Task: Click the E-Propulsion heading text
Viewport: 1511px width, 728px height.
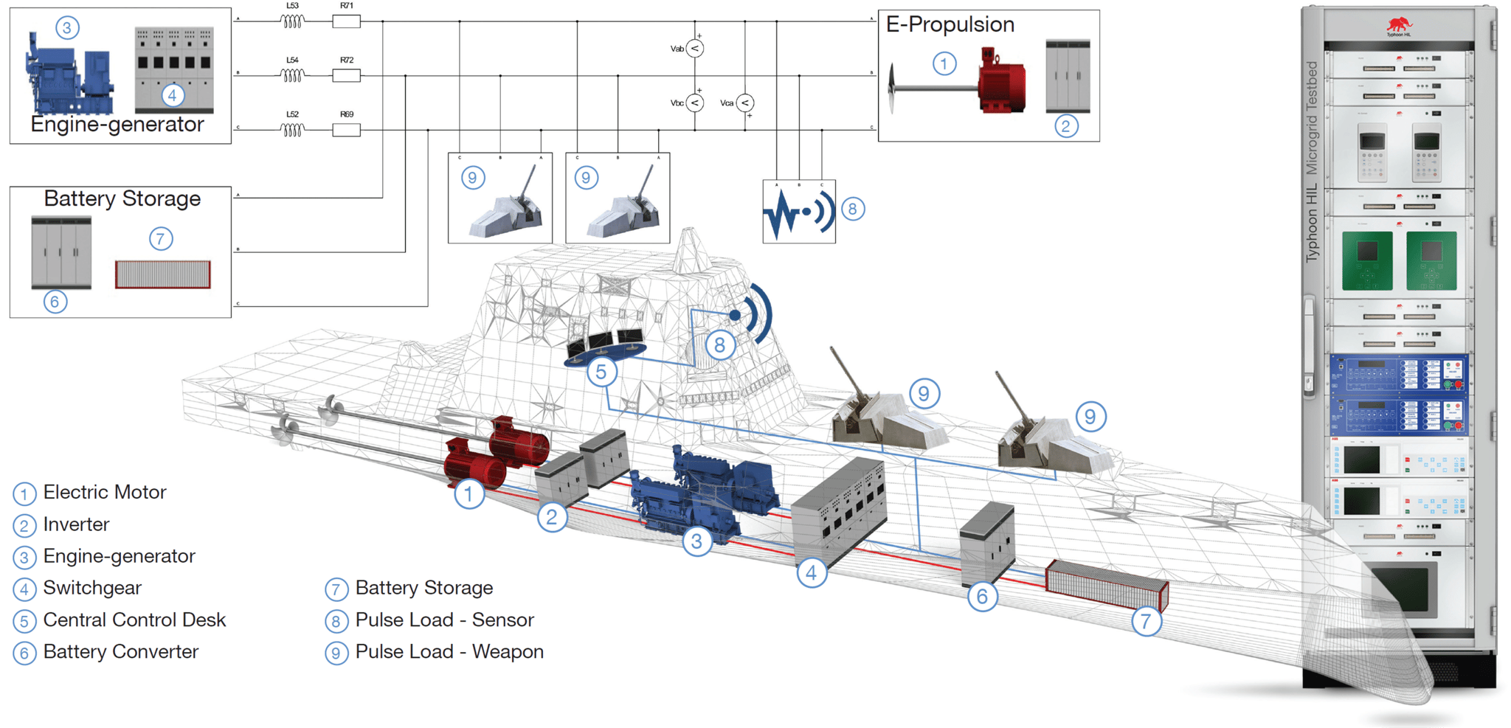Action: pos(950,24)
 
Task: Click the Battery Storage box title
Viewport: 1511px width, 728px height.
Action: pos(122,198)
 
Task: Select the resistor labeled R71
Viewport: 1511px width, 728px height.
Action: pos(346,21)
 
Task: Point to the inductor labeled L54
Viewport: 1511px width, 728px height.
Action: pos(292,75)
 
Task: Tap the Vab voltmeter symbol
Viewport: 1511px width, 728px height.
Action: pos(694,49)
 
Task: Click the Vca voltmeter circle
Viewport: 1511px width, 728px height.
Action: pos(745,103)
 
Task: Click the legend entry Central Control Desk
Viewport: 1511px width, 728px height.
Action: pos(134,620)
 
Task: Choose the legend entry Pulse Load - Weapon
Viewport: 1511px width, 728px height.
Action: pos(449,652)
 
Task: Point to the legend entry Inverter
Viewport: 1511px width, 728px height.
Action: pos(75,524)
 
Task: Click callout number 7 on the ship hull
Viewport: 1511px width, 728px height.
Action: pos(1145,622)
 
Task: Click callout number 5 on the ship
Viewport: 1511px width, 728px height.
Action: pos(601,372)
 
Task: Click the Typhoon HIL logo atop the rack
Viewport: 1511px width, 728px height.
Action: pos(1398,27)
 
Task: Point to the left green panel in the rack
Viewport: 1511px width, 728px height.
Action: pos(1366,260)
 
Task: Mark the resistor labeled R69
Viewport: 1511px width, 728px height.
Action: pos(346,130)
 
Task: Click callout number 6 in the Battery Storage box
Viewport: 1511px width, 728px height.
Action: pos(55,301)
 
